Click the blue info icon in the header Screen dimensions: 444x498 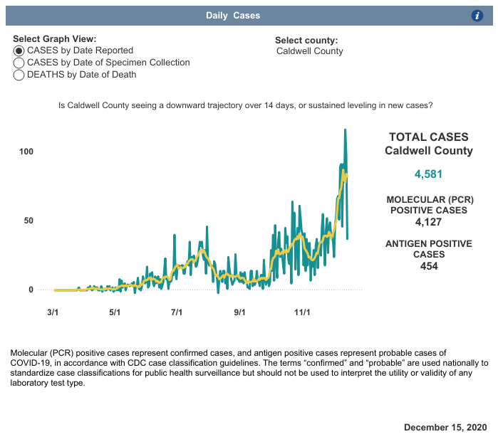pos(478,16)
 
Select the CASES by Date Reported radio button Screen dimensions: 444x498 pos(19,51)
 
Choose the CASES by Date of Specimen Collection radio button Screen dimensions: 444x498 pos(19,63)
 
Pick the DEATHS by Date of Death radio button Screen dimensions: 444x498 pos(19,75)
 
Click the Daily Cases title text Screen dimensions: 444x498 pos(233,16)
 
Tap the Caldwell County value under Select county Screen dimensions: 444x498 pos(310,51)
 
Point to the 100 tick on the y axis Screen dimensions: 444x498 pos(26,152)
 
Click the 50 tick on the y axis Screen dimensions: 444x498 pos(28,221)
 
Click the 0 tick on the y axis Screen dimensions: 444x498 pos(31,290)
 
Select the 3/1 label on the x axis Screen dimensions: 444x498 pos(52,312)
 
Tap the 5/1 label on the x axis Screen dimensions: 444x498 pos(114,312)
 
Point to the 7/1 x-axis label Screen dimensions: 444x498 pos(177,312)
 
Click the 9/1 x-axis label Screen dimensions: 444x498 pos(239,312)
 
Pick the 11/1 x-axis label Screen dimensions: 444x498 pos(302,312)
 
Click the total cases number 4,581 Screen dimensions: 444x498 pos(428,174)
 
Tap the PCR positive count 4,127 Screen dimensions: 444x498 pos(428,222)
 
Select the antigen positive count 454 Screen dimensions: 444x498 pos(428,266)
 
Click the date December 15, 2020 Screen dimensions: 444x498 pos(445,427)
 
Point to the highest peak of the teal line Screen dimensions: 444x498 pos(346,129)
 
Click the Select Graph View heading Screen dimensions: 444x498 pos(54,39)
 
